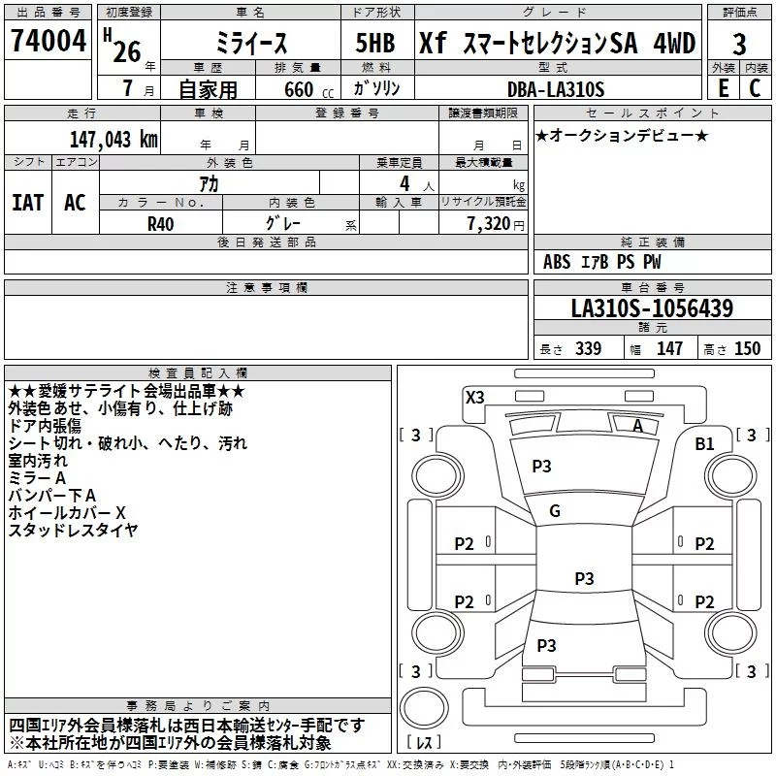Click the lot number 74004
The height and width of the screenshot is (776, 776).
[48, 40]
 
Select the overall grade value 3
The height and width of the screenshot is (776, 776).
[739, 45]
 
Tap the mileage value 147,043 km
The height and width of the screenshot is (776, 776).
[113, 139]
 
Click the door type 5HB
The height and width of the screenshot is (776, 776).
[375, 43]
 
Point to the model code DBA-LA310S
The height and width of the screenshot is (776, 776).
[556, 89]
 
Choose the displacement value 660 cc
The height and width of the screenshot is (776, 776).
[308, 89]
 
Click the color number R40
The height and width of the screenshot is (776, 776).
[160, 224]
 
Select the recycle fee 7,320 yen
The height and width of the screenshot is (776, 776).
[496, 224]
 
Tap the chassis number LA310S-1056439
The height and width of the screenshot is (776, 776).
[652, 307]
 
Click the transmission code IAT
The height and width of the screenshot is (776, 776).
[28, 203]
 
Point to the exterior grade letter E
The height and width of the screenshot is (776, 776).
[724, 88]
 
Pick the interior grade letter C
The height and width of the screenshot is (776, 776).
[755, 88]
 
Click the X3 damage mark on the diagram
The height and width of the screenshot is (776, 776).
[474, 397]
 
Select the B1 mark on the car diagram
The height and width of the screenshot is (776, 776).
[704, 443]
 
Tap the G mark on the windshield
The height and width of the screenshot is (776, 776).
[555, 511]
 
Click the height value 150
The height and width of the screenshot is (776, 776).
[747, 348]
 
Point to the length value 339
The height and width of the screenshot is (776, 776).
[588, 348]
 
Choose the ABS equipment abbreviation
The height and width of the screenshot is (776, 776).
[557, 262]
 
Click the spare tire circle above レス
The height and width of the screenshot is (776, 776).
[424, 708]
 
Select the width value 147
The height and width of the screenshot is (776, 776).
[669, 348]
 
